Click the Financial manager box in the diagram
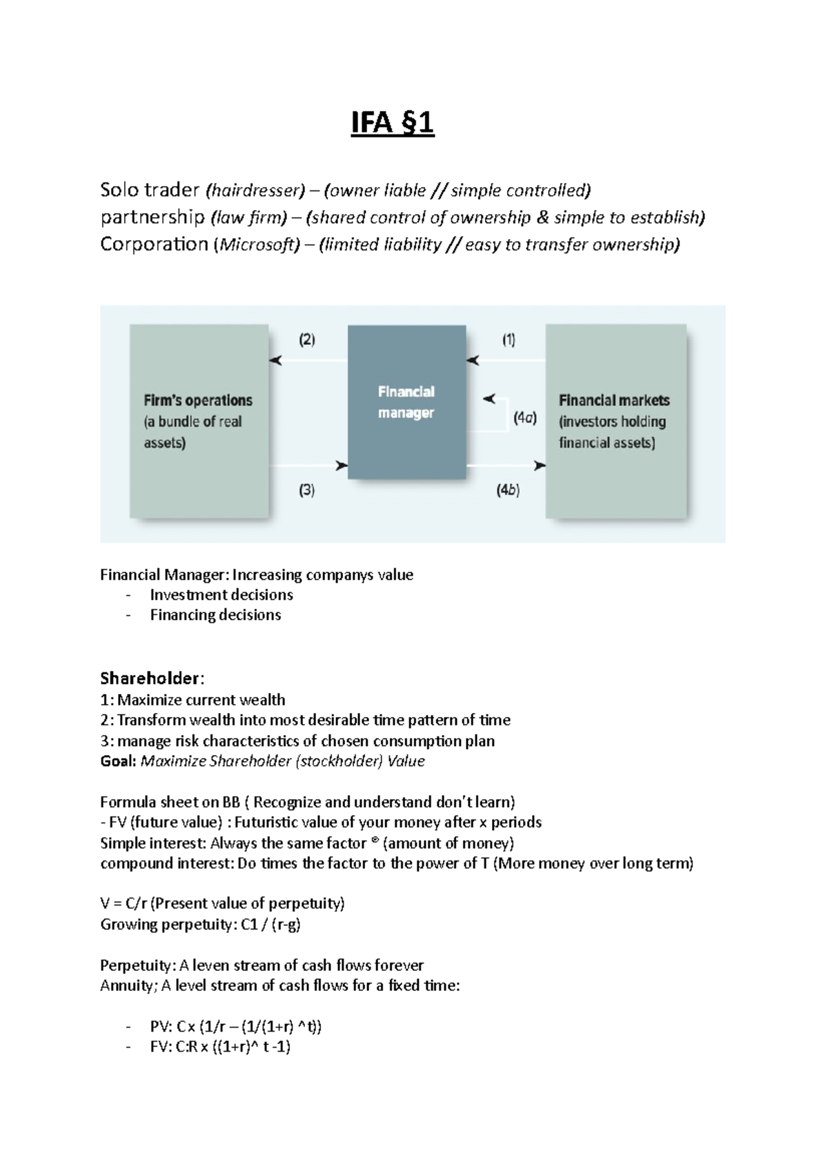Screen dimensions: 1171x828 [x=406, y=403]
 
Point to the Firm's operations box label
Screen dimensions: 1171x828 [x=198, y=401]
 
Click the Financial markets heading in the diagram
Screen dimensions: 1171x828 [x=614, y=401]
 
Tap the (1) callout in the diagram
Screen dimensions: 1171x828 [x=509, y=340]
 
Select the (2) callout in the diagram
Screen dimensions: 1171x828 [x=306, y=340]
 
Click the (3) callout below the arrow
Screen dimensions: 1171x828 [x=306, y=490]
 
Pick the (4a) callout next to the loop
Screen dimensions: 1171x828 [x=525, y=418]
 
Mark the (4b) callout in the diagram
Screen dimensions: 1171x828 [x=508, y=490]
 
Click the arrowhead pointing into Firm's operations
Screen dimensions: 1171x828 [x=275, y=361]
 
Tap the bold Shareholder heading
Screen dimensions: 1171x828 [x=151, y=678]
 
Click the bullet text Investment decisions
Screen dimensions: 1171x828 [x=221, y=595]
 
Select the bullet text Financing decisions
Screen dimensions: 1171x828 [x=215, y=615]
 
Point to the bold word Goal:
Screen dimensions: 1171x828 [x=118, y=761]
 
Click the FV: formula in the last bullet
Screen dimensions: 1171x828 [x=220, y=1047]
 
